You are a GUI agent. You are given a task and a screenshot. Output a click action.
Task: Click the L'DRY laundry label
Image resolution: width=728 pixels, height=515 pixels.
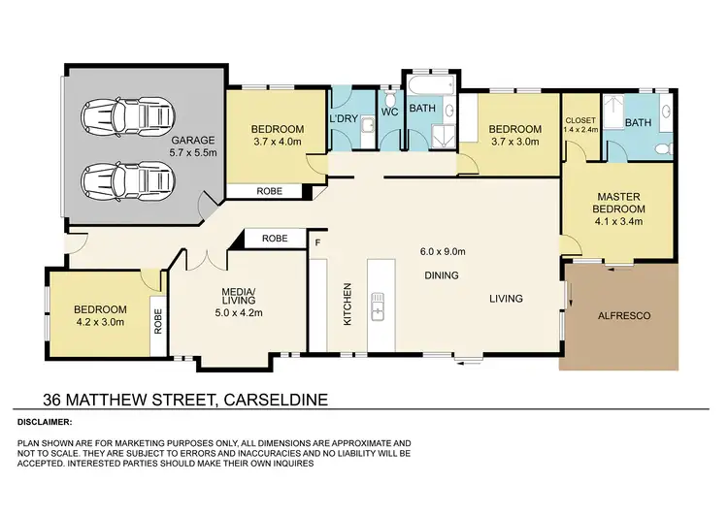tap(345, 119)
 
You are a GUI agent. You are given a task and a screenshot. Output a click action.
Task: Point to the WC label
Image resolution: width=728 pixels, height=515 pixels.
tap(389, 113)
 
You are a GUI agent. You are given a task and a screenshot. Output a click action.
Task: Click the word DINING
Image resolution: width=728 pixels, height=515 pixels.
tap(442, 275)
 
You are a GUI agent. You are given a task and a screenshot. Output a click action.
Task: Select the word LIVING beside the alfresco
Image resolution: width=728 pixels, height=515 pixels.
tap(505, 299)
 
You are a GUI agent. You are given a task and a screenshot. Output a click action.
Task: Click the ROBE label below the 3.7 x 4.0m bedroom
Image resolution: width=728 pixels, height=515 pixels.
tap(270, 191)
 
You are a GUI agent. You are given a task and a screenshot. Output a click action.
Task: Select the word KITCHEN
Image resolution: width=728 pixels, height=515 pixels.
tap(347, 304)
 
